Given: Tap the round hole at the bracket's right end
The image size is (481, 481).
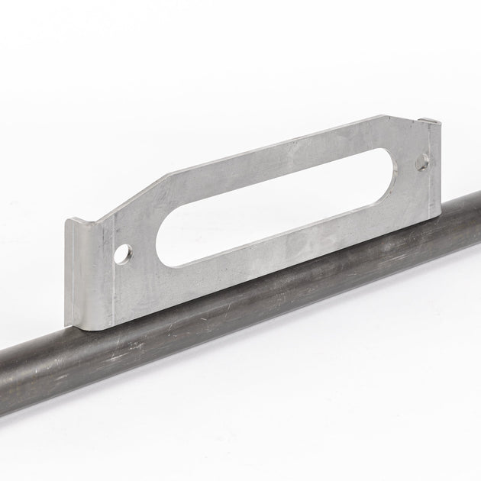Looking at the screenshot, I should (422, 162).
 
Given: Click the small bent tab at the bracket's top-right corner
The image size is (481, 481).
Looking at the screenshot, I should (431, 121).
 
